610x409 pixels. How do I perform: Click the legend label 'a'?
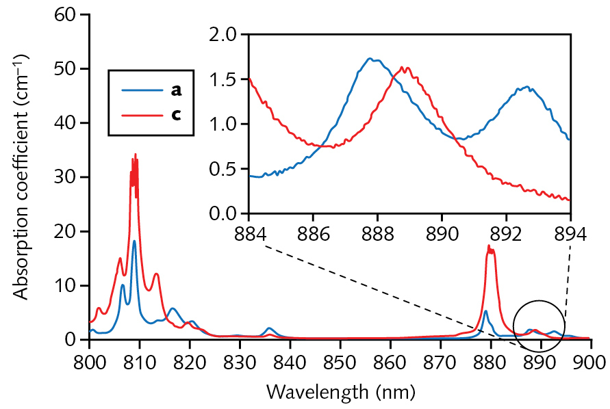176,89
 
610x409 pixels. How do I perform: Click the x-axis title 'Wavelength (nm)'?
340,392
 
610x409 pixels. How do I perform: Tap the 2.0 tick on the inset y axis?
245,34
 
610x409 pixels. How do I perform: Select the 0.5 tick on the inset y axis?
245,169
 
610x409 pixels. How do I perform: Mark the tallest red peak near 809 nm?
136,155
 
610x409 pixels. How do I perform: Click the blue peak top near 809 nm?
134,241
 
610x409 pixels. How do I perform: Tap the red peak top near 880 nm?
489,246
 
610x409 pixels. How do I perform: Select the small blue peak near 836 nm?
270,328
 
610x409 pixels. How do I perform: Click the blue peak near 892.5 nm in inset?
526,87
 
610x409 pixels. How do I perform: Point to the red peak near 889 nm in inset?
405,68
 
